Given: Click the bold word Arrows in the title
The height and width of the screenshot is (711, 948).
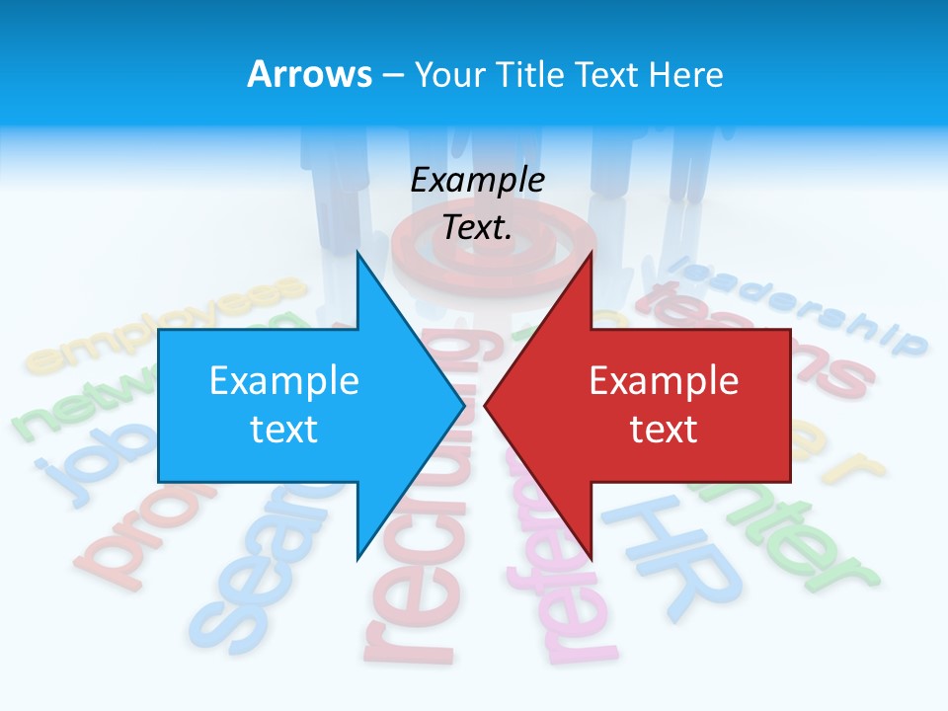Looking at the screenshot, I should coord(310,74).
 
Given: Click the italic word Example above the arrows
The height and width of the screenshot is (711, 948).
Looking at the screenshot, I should coord(478,180).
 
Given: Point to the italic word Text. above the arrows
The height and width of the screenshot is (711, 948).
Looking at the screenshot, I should coord(478,227).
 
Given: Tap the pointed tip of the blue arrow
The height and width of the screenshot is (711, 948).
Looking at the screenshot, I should coord(460,405).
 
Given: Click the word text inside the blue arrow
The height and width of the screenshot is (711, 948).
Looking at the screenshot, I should coord(284,430).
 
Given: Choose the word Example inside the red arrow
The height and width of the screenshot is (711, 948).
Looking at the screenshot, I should coord(664,381).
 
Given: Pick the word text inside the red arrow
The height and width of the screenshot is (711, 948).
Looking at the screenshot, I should coord(664,430).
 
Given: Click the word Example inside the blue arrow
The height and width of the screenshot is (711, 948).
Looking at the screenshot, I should coord(284,381).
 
